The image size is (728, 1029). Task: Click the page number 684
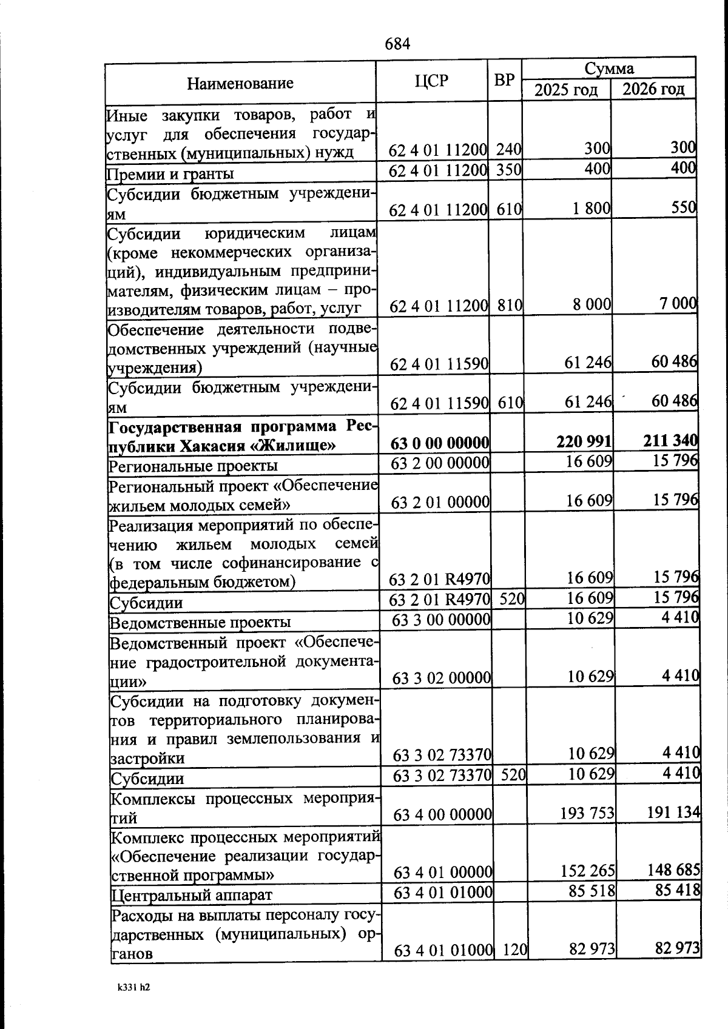coord(398,44)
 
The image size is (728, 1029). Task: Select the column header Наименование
coord(240,83)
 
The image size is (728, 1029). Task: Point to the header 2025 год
coord(565,90)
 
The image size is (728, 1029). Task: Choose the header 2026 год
coord(653,89)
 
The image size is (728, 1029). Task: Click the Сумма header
coord(609,68)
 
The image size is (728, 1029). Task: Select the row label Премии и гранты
coord(170,174)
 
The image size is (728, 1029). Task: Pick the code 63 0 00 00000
coord(440,444)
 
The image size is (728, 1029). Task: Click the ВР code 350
coord(508,170)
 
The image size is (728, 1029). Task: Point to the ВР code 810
coord(509,305)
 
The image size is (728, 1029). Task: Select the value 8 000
coord(591,304)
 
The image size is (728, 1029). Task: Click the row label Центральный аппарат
coord(191,894)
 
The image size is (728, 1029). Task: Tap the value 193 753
coord(588,813)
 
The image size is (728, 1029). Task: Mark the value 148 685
coord(674,871)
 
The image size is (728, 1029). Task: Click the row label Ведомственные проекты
coord(200,622)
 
